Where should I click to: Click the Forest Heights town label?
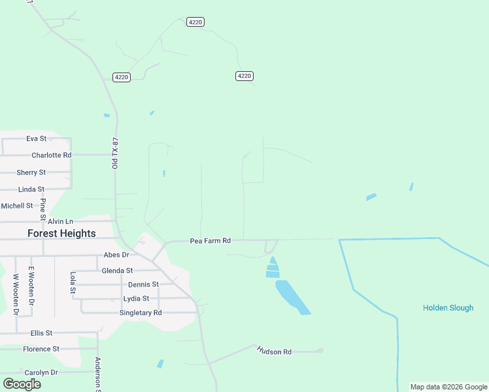coord(61,233)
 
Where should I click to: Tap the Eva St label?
coord(37,139)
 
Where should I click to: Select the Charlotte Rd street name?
coord(51,155)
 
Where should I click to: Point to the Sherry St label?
coord(31,172)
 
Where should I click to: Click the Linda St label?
coord(31,189)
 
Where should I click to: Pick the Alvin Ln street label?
coord(60,222)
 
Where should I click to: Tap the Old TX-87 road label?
coord(115,154)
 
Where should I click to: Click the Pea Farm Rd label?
coord(210,241)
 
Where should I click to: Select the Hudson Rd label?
coord(274,351)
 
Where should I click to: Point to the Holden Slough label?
coord(448,308)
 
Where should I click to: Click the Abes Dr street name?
coord(116,255)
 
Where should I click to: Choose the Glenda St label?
coord(117,270)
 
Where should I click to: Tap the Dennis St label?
coord(143,285)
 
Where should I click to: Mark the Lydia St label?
coord(137,299)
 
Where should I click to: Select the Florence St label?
coord(41,349)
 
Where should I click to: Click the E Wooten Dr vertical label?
coord(30,286)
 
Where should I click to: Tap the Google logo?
coord(22,384)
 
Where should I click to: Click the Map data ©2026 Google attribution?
coord(448,387)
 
